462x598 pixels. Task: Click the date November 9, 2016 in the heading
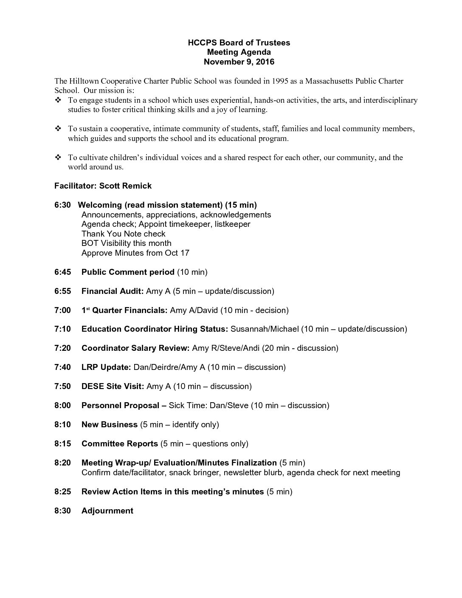pyautogui.click(x=239, y=62)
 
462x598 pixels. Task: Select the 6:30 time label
pyautogui.click(x=62, y=205)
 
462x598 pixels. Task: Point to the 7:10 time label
pyautogui.click(x=62, y=329)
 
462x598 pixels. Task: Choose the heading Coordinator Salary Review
pyautogui.click(x=135, y=348)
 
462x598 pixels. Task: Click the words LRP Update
pyautogui.click(x=106, y=367)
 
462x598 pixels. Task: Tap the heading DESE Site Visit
pyautogui.click(x=113, y=386)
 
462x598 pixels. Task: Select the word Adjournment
pyautogui.click(x=107, y=511)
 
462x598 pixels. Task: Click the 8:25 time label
pyautogui.click(x=62, y=492)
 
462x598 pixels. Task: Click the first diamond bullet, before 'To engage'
pyautogui.click(x=58, y=101)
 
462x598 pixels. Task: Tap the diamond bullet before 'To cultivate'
pyautogui.click(x=58, y=158)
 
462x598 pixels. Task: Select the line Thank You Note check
pyautogui.click(x=124, y=234)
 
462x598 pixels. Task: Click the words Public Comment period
pyautogui.click(x=128, y=272)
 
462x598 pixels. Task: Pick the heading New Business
pyautogui.click(x=110, y=425)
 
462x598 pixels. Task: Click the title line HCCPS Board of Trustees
pyautogui.click(x=239, y=43)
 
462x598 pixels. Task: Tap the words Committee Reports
pyautogui.click(x=120, y=444)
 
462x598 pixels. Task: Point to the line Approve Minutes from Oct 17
pyautogui.click(x=135, y=253)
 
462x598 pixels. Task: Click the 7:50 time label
pyautogui.click(x=62, y=386)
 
